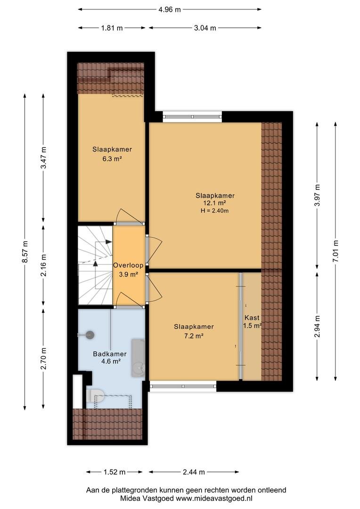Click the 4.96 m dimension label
170,9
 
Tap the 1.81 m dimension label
112,28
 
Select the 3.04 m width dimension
205,28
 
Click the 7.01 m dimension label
335,251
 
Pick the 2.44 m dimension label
194,472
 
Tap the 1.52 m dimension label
115,472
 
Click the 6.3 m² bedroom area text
112,159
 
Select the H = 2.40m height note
214,211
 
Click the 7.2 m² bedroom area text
194,337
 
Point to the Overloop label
128,265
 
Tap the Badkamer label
110,354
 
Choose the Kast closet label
252,318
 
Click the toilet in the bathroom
95,395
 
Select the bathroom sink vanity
138,358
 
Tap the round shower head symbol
90,335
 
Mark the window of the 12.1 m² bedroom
193,116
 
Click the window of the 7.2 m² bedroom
183,386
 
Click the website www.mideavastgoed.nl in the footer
214,498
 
